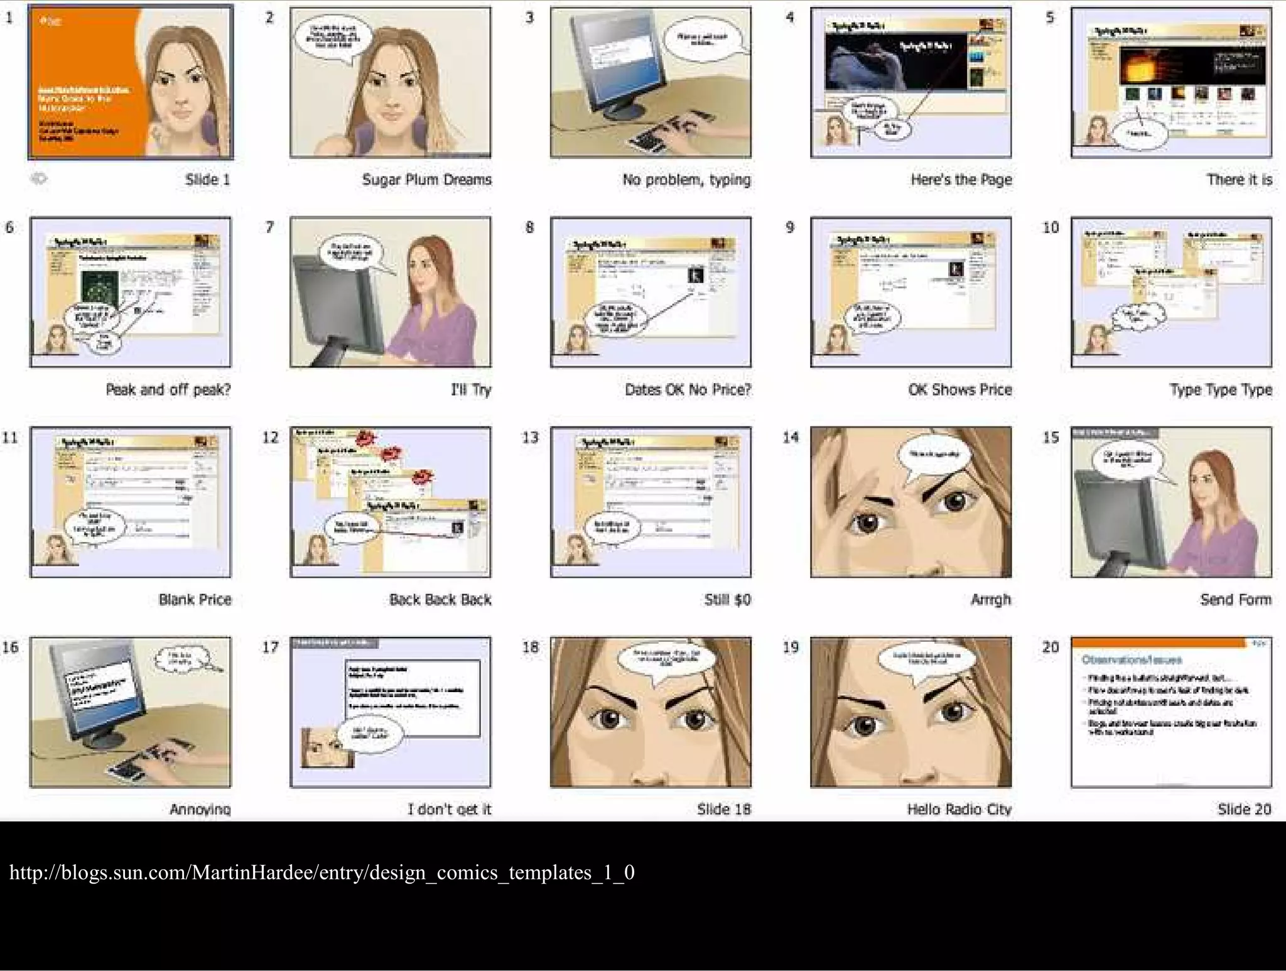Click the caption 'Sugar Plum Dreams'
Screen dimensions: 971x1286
tap(426, 180)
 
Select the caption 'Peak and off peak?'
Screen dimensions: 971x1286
tap(168, 389)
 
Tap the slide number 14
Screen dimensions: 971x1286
tap(790, 437)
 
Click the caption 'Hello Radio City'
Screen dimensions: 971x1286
tap(959, 809)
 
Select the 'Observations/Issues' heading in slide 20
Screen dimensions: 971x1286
tap(1131, 659)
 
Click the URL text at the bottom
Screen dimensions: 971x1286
tap(321, 872)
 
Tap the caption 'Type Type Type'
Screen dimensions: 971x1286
tap(1220, 389)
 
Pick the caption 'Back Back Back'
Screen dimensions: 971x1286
tap(440, 599)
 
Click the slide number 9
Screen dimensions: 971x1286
tap(790, 227)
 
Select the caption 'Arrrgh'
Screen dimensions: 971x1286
tap(990, 599)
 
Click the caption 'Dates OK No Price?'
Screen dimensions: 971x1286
tap(688, 389)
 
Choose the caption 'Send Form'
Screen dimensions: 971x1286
tap(1235, 599)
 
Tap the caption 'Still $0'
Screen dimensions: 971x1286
tap(727, 599)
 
